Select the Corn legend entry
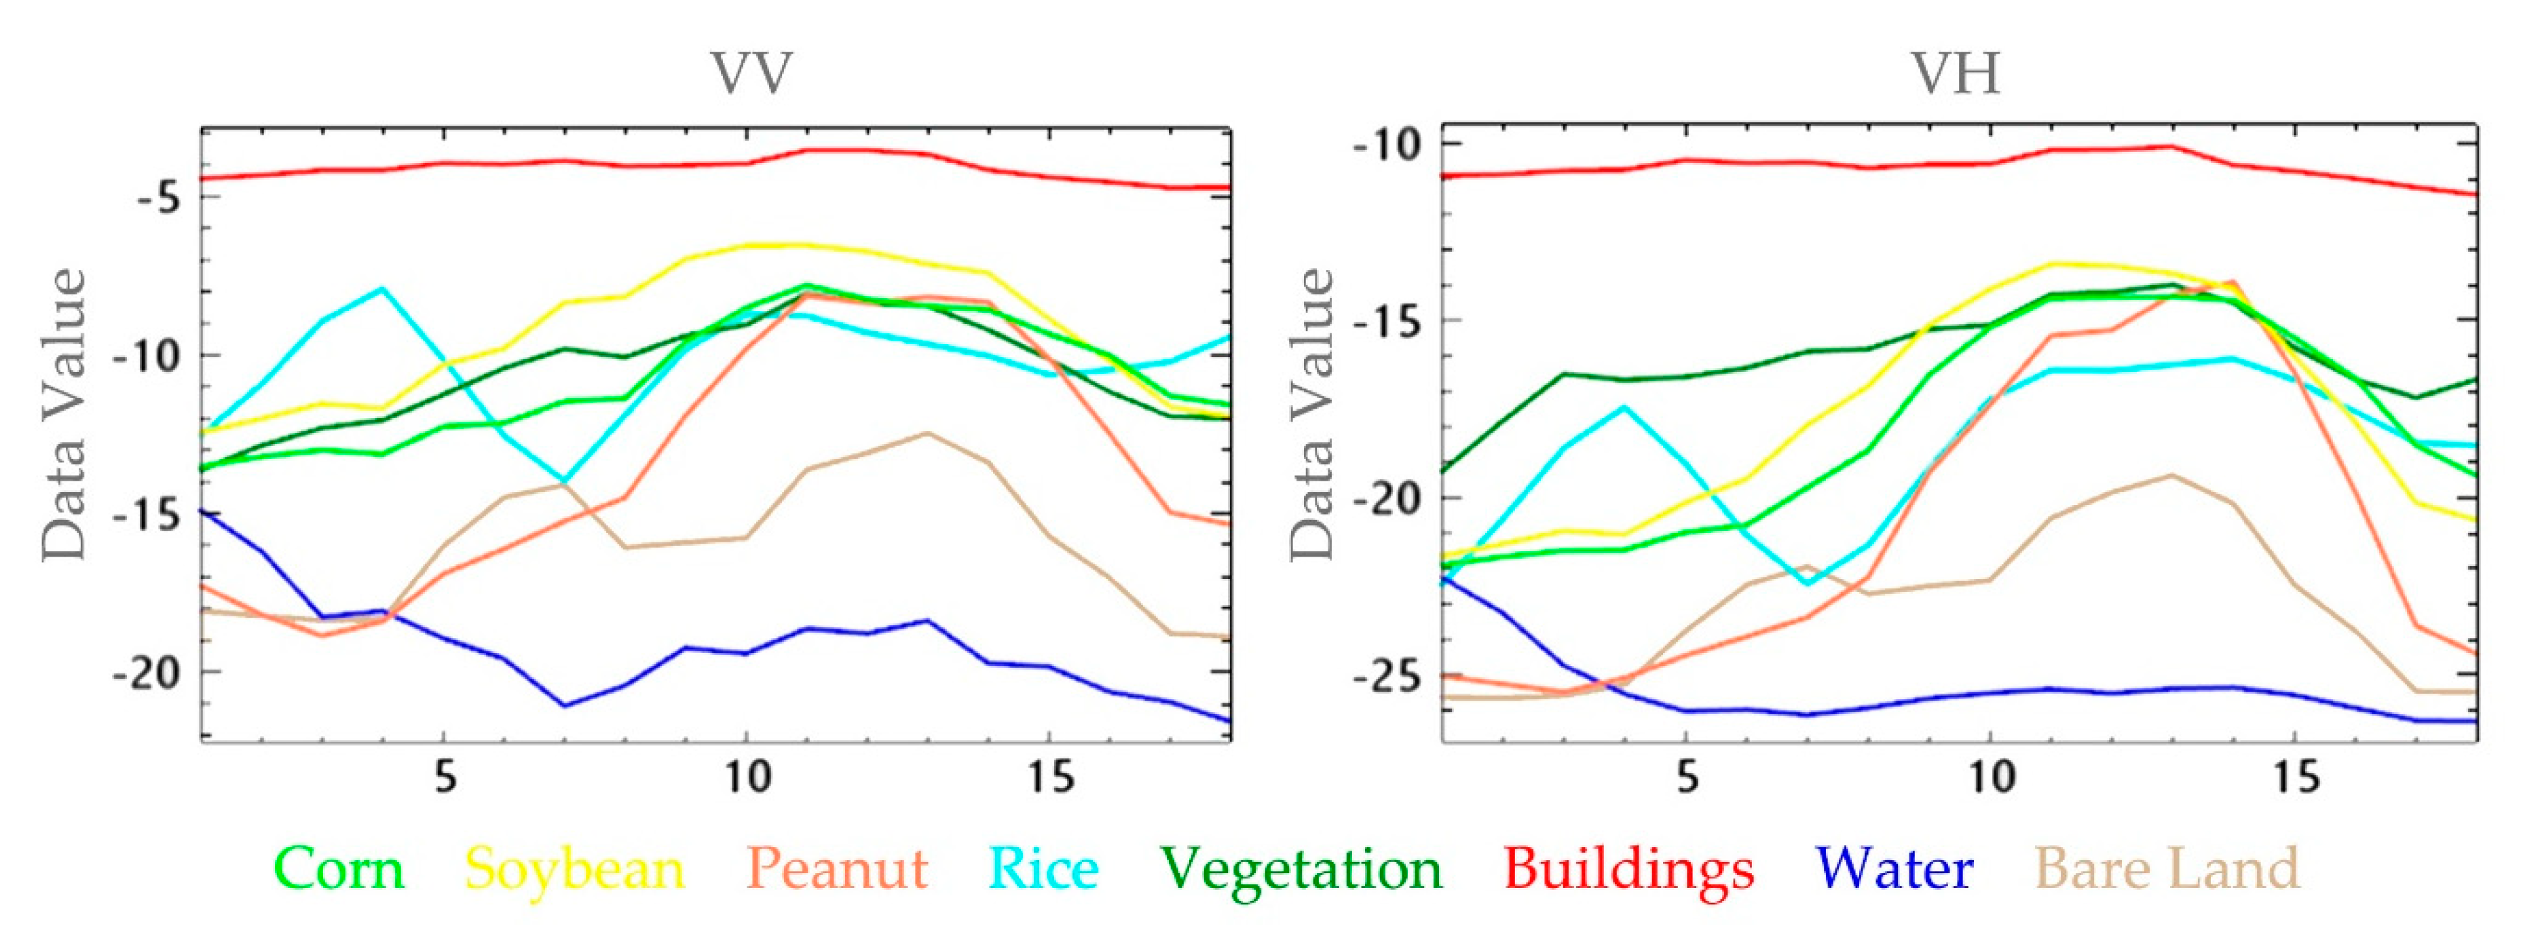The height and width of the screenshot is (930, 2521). pos(339,868)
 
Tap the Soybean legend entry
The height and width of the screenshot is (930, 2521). pos(574,868)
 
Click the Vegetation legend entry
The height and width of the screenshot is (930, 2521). pos(1303,868)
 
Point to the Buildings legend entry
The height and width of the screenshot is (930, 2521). pos(1628,868)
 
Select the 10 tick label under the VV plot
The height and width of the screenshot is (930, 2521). pos(748,778)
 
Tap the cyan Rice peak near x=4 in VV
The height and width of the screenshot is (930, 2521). pos(383,289)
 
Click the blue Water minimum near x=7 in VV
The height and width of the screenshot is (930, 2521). pos(565,705)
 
